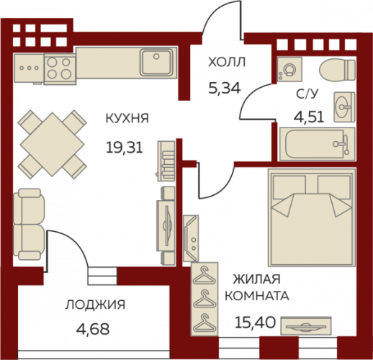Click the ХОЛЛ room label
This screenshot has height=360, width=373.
[227, 63]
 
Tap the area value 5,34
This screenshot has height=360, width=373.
[225, 88]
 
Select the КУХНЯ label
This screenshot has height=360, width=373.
[127, 118]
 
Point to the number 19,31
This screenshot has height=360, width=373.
[125, 148]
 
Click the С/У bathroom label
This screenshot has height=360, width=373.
[307, 94]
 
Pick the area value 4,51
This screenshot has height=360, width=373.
[309, 118]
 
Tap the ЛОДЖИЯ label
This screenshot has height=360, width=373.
[95, 305]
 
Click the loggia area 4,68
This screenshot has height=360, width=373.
[93, 329]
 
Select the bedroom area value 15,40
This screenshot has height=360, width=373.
[255, 323]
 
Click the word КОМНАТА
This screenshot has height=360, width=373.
[257, 296]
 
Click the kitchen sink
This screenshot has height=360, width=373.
[157, 63]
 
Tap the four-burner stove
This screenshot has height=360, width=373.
[60, 69]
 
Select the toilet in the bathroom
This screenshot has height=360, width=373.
[337, 71]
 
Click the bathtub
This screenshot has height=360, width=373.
[317, 144]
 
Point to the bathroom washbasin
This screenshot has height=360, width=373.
[344, 107]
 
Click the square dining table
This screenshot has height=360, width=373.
[53, 145]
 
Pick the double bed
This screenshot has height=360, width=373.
[312, 217]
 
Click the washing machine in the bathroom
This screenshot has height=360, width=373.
[289, 69]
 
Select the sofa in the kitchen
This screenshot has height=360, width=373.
[29, 224]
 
